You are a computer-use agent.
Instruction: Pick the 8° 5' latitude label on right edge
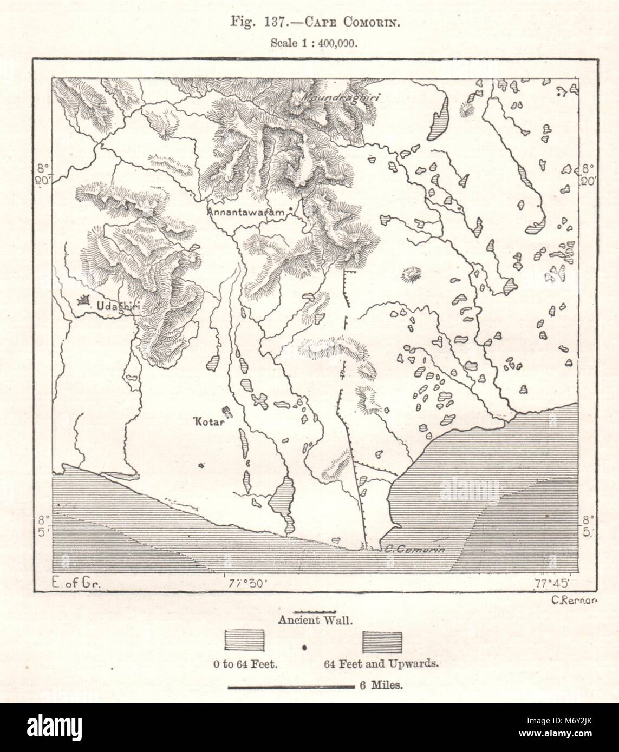click(588, 525)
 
